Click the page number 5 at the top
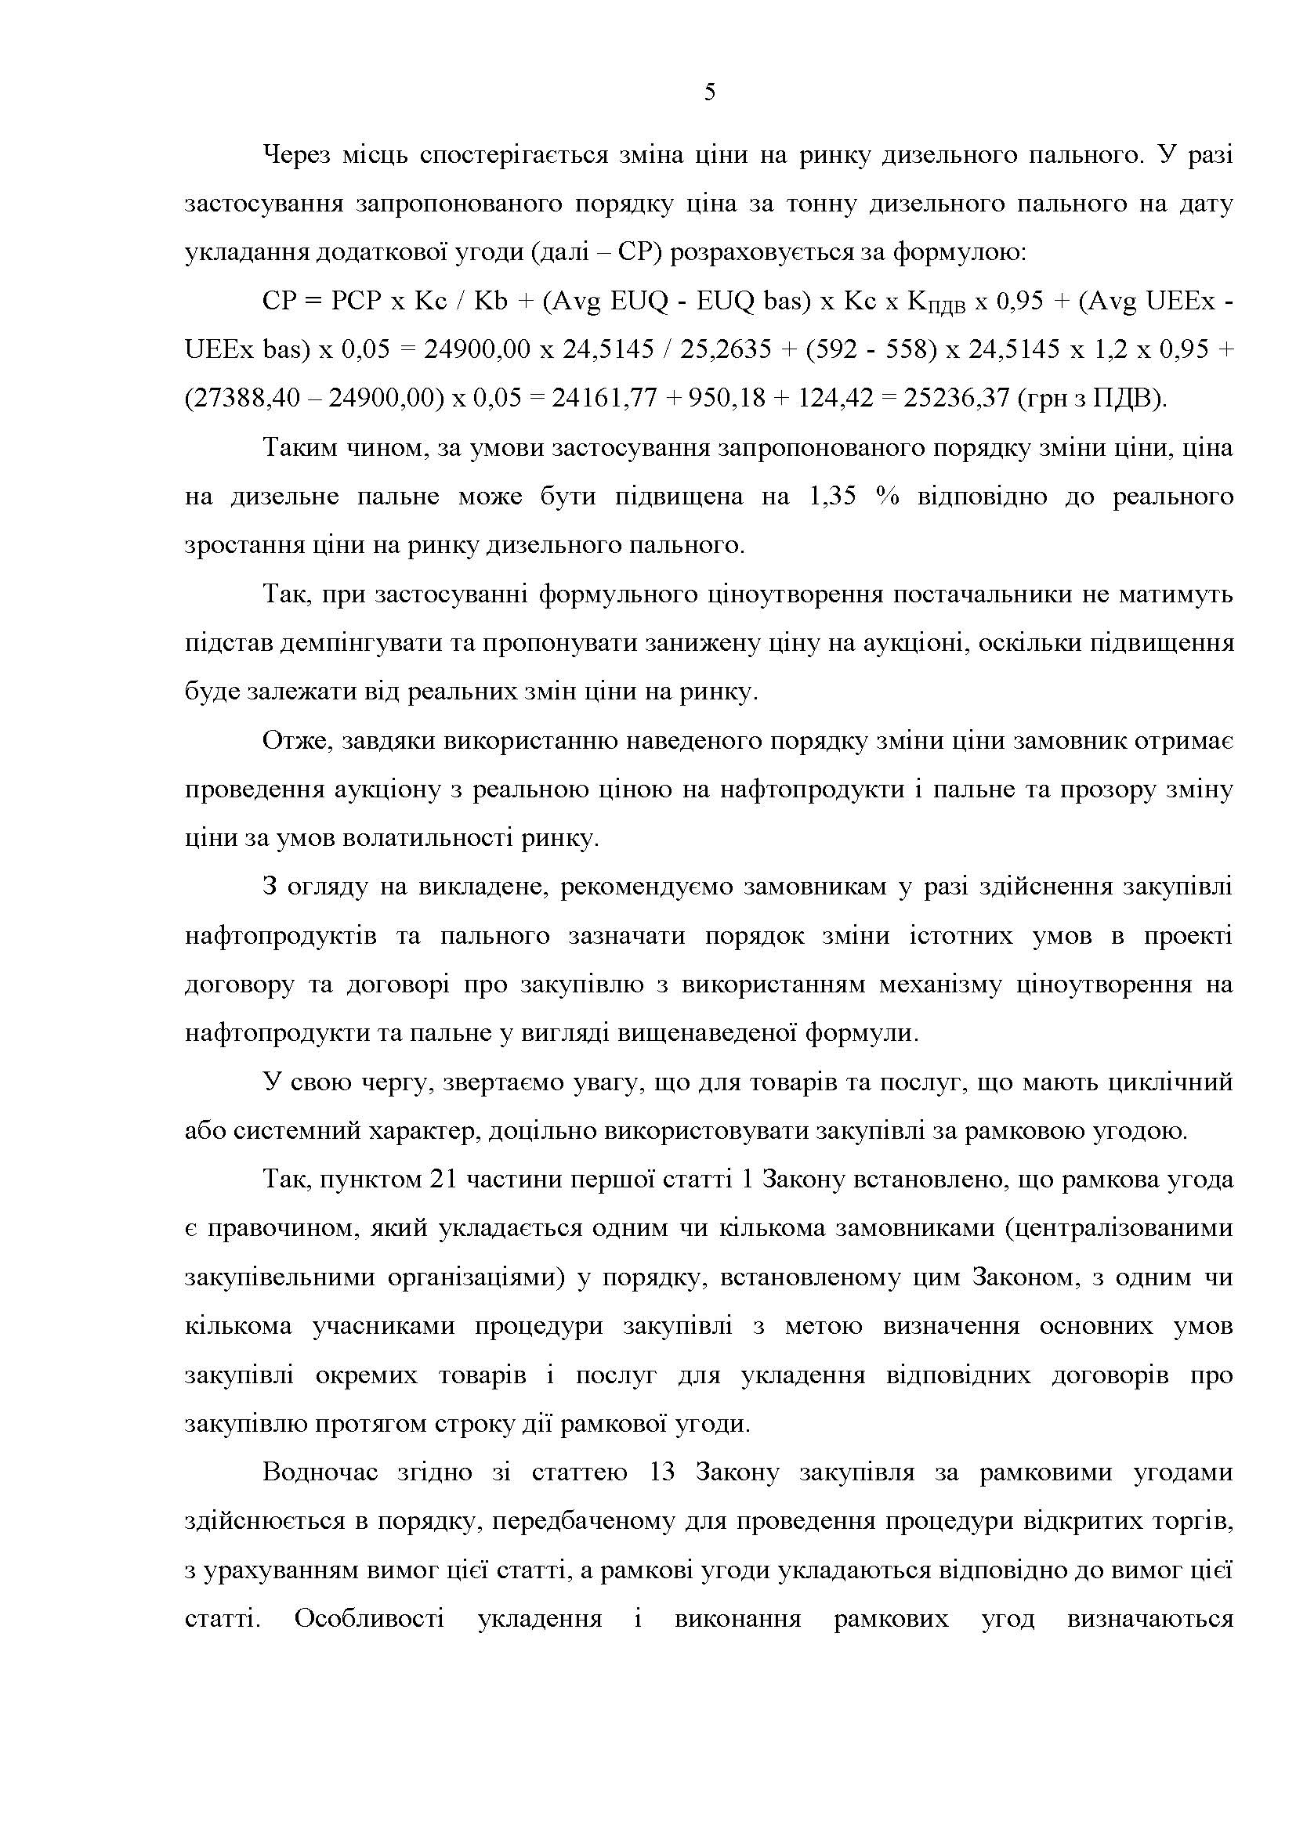(709, 93)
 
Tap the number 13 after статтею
(662, 1473)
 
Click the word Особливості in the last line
(370, 1620)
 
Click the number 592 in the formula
(834, 349)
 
